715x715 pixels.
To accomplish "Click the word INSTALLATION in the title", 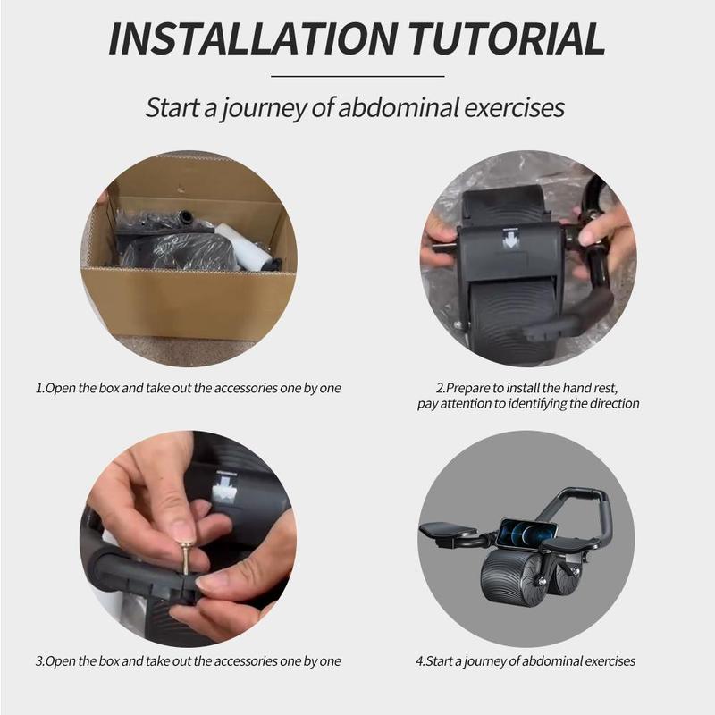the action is tap(253, 39).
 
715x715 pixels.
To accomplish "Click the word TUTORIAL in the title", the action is tap(507, 39).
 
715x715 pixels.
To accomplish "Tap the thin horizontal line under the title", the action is tap(357, 76).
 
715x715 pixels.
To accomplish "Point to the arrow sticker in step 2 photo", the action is tap(509, 238).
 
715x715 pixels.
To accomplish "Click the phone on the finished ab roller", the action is tap(528, 534).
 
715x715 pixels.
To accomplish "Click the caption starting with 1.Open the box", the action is tap(189, 388).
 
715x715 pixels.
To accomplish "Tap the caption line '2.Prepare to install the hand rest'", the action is tap(527, 388).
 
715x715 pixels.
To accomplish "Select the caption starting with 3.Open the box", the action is tap(189, 661).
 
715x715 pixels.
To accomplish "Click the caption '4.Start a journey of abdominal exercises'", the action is tap(526, 661).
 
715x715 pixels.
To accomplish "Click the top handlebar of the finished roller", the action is tap(579, 492).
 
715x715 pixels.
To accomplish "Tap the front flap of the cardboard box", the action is tap(188, 303).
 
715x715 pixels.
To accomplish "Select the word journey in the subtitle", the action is tap(263, 108).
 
